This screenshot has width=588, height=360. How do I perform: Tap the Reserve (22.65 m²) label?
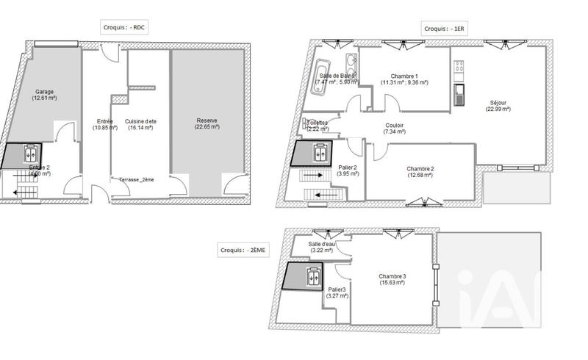[207, 123]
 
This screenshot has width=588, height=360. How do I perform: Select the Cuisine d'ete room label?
[140, 123]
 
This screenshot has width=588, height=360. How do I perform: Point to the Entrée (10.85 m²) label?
[99, 123]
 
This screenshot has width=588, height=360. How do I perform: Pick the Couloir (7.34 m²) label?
[394, 128]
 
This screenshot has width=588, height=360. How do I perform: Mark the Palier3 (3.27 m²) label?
[337, 292]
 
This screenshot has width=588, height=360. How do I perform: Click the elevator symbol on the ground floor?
[32, 154]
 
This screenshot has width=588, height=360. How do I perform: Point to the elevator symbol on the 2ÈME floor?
[313, 277]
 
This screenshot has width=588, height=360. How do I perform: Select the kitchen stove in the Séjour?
[460, 70]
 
